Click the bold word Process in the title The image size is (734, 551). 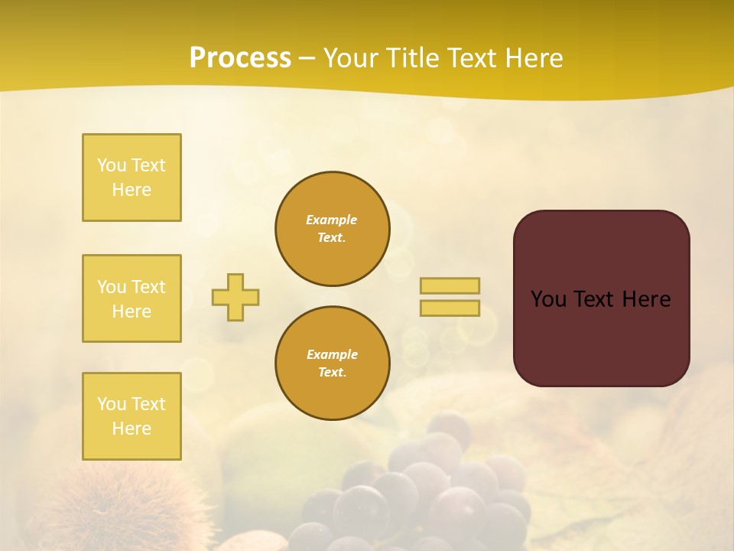click(x=240, y=58)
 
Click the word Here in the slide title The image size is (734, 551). click(x=533, y=58)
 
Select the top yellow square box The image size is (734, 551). click(x=132, y=178)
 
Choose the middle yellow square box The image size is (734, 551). click(x=132, y=298)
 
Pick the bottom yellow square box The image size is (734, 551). click(x=132, y=416)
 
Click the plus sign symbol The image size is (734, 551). click(x=235, y=297)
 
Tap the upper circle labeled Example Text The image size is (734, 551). click(x=332, y=229)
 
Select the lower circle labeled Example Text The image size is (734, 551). click(x=332, y=364)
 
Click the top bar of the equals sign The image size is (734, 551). click(x=450, y=285)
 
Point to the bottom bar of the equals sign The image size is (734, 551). click(x=450, y=308)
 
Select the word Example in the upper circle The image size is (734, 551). click(x=332, y=220)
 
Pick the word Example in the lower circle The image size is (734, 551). click(x=332, y=354)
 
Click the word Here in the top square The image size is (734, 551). click(x=132, y=190)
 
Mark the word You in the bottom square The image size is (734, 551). click(x=111, y=404)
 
